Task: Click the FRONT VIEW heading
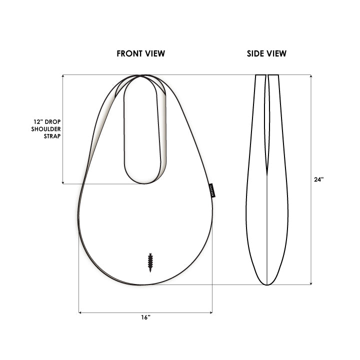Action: [x=140, y=53]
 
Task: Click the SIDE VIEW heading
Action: [x=266, y=53]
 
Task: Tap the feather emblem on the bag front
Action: [x=150, y=261]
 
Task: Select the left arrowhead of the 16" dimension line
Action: [x=80, y=313]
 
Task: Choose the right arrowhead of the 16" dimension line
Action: [x=211, y=313]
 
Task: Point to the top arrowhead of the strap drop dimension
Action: [x=62, y=76]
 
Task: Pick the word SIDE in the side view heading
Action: [x=255, y=53]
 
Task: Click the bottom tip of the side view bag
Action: [x=267, y=284]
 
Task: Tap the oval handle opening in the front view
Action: [x=144, y=130]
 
